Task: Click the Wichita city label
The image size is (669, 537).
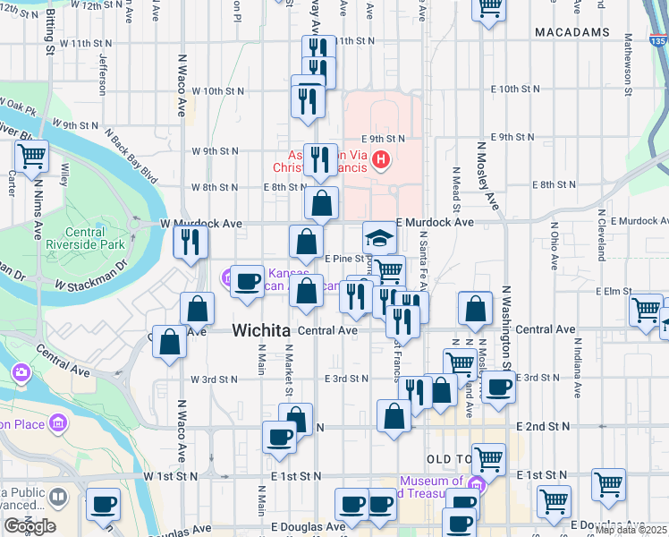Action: [x=261, y=330]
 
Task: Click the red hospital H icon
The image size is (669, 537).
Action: [x=381, y=161]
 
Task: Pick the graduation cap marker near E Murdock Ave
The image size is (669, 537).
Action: [x=379, y=238]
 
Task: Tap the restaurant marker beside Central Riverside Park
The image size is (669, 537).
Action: [x=191, y=242]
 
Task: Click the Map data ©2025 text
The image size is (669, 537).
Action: [x=631, y=530]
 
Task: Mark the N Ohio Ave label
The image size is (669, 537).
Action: [x=555, y=246]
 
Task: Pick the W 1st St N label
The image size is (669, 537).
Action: [x=169, y=476]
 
